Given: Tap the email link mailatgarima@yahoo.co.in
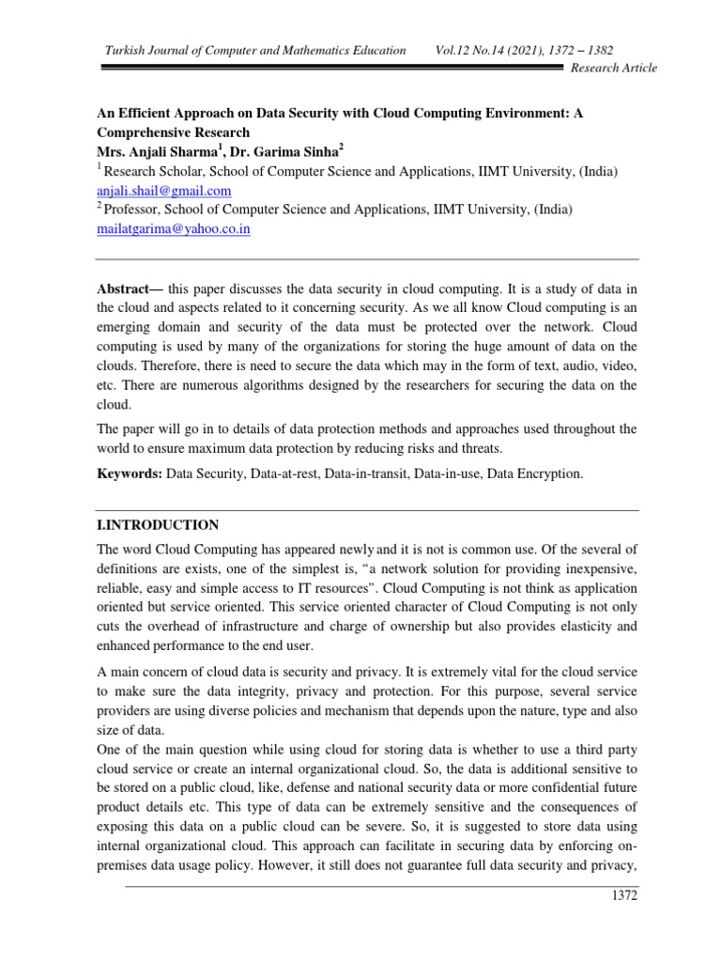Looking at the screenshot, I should [174, 228].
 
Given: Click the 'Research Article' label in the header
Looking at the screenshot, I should [614, 68].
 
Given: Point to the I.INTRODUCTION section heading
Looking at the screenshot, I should [159, 525].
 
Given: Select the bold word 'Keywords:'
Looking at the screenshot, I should [130, 475].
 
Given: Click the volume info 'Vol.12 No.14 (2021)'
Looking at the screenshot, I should [493, 49].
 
